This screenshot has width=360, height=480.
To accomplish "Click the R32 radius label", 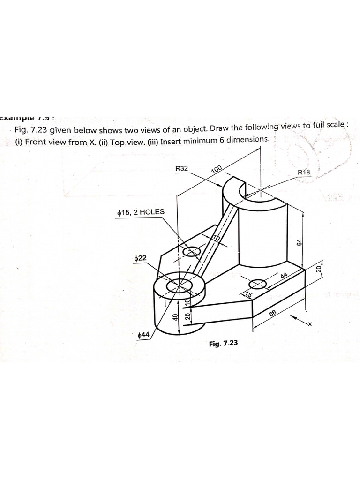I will tap(181, 168).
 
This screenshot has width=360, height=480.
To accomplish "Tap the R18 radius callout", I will tap(304, 172).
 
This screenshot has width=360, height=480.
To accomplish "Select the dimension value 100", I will tap(217, 169).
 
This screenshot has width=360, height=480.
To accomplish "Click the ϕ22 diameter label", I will tap(140, 258).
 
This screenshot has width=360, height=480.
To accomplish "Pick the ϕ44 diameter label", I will tap(143, 335).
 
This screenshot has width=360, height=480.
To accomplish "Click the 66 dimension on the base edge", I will tap(273, 314).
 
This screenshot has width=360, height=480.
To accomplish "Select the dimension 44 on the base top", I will tap(284, 276).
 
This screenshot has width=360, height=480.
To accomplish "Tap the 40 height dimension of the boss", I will tap(175, 317).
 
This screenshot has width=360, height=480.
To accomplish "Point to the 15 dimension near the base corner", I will tap(248, 295).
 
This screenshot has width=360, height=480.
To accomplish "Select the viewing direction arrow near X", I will tap(298, 320).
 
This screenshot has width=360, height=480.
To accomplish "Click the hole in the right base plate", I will tap(257, 284).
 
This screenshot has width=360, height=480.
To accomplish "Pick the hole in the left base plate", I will tap(191, 252).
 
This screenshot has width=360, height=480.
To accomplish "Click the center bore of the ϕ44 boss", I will tap(180, 284).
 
